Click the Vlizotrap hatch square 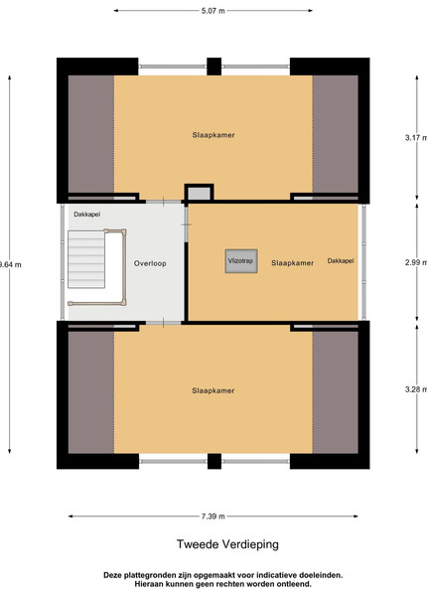tap(241, 261)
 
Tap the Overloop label tap(150, 263)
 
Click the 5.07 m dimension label tap(213, 11)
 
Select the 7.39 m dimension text tap(213, 517)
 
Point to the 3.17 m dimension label tap(416, 138)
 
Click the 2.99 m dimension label tap(416, 262)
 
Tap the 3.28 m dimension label tap(416, 389)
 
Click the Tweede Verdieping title tap(227, 544)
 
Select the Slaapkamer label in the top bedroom tap(213, 135)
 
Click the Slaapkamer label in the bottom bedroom tap(213, 390)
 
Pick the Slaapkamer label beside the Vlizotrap tap(293, 263)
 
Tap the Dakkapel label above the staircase tap(87, 215)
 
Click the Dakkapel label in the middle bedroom tap(341, 260)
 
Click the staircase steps tap(86, 259)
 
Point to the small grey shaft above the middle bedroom tap(199, 193)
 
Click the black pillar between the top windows tap(213, 67)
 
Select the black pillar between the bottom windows tap(214, 461)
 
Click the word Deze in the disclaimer tap(112, 575)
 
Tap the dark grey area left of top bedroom tap(91, 134)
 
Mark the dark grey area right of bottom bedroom tap(335, 392)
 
